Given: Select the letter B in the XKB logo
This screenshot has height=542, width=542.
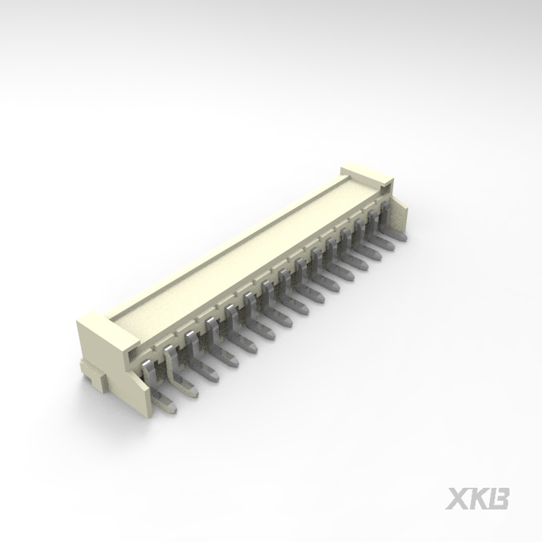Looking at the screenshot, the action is pyautogui.click(x=498, y=499).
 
